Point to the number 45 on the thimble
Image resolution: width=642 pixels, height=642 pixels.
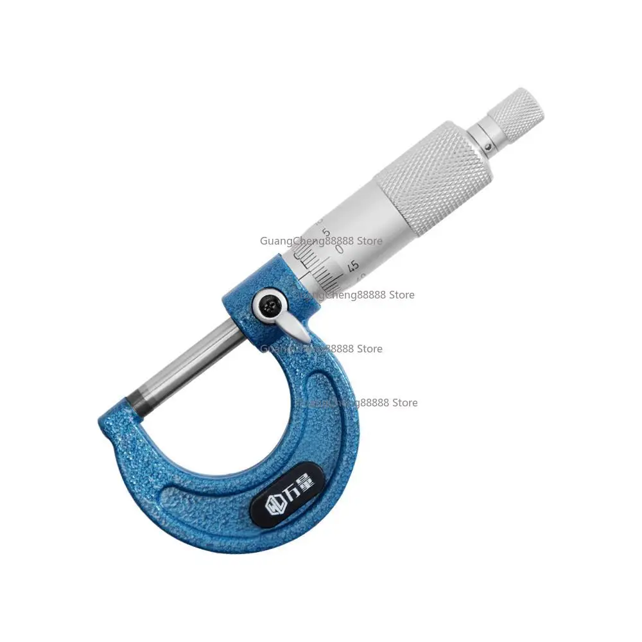point(352,265)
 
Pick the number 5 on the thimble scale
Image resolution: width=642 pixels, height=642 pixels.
point(327,232)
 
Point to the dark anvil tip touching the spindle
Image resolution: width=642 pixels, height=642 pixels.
point(136,403)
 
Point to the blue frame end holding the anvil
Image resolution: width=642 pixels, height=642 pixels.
point(122,417)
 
